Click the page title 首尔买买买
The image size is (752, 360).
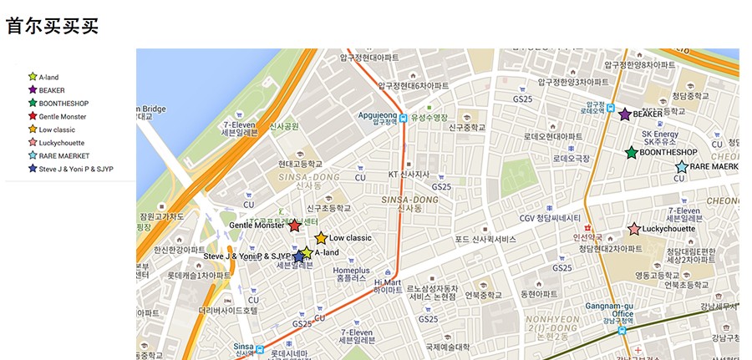52,26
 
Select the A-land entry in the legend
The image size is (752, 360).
48,77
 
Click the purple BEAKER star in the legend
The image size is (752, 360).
33,89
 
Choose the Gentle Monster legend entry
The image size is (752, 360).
62,116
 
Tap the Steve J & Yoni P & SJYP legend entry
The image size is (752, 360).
75,169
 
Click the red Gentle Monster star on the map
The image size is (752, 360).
294,226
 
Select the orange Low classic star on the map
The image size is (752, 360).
321,238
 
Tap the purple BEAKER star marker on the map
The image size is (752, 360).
624,114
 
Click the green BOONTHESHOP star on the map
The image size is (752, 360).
632,153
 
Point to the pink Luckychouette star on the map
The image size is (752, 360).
634,229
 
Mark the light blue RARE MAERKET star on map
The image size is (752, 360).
681,167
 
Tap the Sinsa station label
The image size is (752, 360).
243,347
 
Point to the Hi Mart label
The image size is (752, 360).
388,286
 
